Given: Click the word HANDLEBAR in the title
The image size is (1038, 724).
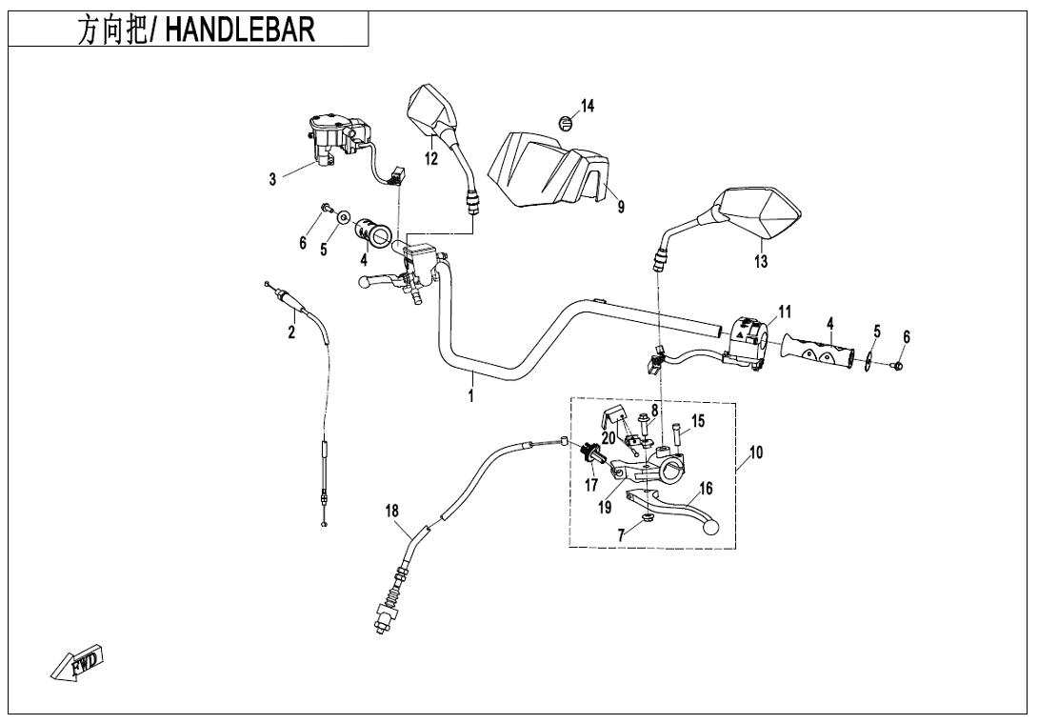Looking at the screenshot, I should pyautogui.click(x=240, y=30).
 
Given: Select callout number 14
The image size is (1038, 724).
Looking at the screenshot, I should pyautogui.click(x=588, y=106).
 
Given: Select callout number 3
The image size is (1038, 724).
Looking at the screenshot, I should pyautogui.click(x=272, y=179).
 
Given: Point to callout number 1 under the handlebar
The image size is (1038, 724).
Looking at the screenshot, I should pyautogui.click(x=470, y=393).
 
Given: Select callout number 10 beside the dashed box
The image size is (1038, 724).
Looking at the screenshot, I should pyautogui.click(x=755, y=453).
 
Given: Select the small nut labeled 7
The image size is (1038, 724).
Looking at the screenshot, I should pyautogui.click(x=646, y=518).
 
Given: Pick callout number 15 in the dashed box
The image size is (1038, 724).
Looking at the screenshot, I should pyautogui.click(x=697, y=421).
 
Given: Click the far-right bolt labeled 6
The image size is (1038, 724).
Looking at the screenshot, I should pyautogui.click(x=898, y=365).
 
